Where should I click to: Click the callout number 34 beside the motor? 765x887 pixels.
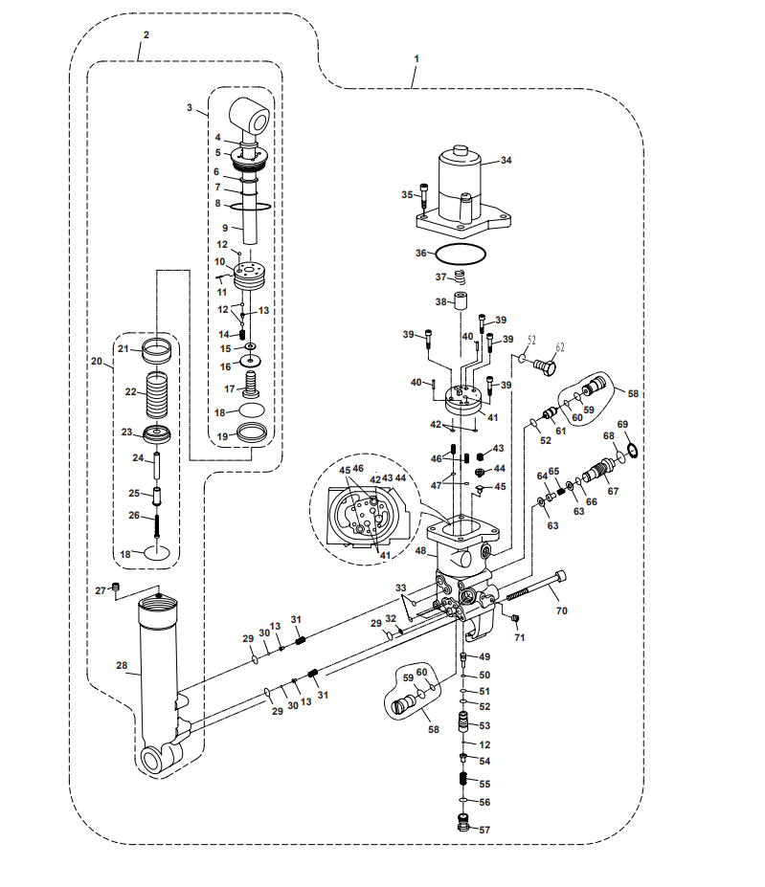pos(506,161)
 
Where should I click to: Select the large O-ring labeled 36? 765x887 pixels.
pos(460,246)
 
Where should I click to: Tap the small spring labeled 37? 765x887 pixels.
pos(460,277)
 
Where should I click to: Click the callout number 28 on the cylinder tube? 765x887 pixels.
pos(122,665)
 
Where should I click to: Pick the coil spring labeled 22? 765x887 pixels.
pos(157,393)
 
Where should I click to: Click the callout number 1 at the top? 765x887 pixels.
pos(416,58)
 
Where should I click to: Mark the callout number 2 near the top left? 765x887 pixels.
pos(146,35)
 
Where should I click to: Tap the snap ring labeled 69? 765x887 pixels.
pos(633,449)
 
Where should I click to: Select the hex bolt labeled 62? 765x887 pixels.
pos(545,366)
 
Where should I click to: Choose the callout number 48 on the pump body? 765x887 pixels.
pos(420,550)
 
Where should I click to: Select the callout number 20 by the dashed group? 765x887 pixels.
pos(97,362)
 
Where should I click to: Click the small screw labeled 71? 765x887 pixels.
pos(515,618)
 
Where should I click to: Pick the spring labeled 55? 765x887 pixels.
pos(463,779)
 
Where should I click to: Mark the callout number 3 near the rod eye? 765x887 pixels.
pos(190,107)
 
